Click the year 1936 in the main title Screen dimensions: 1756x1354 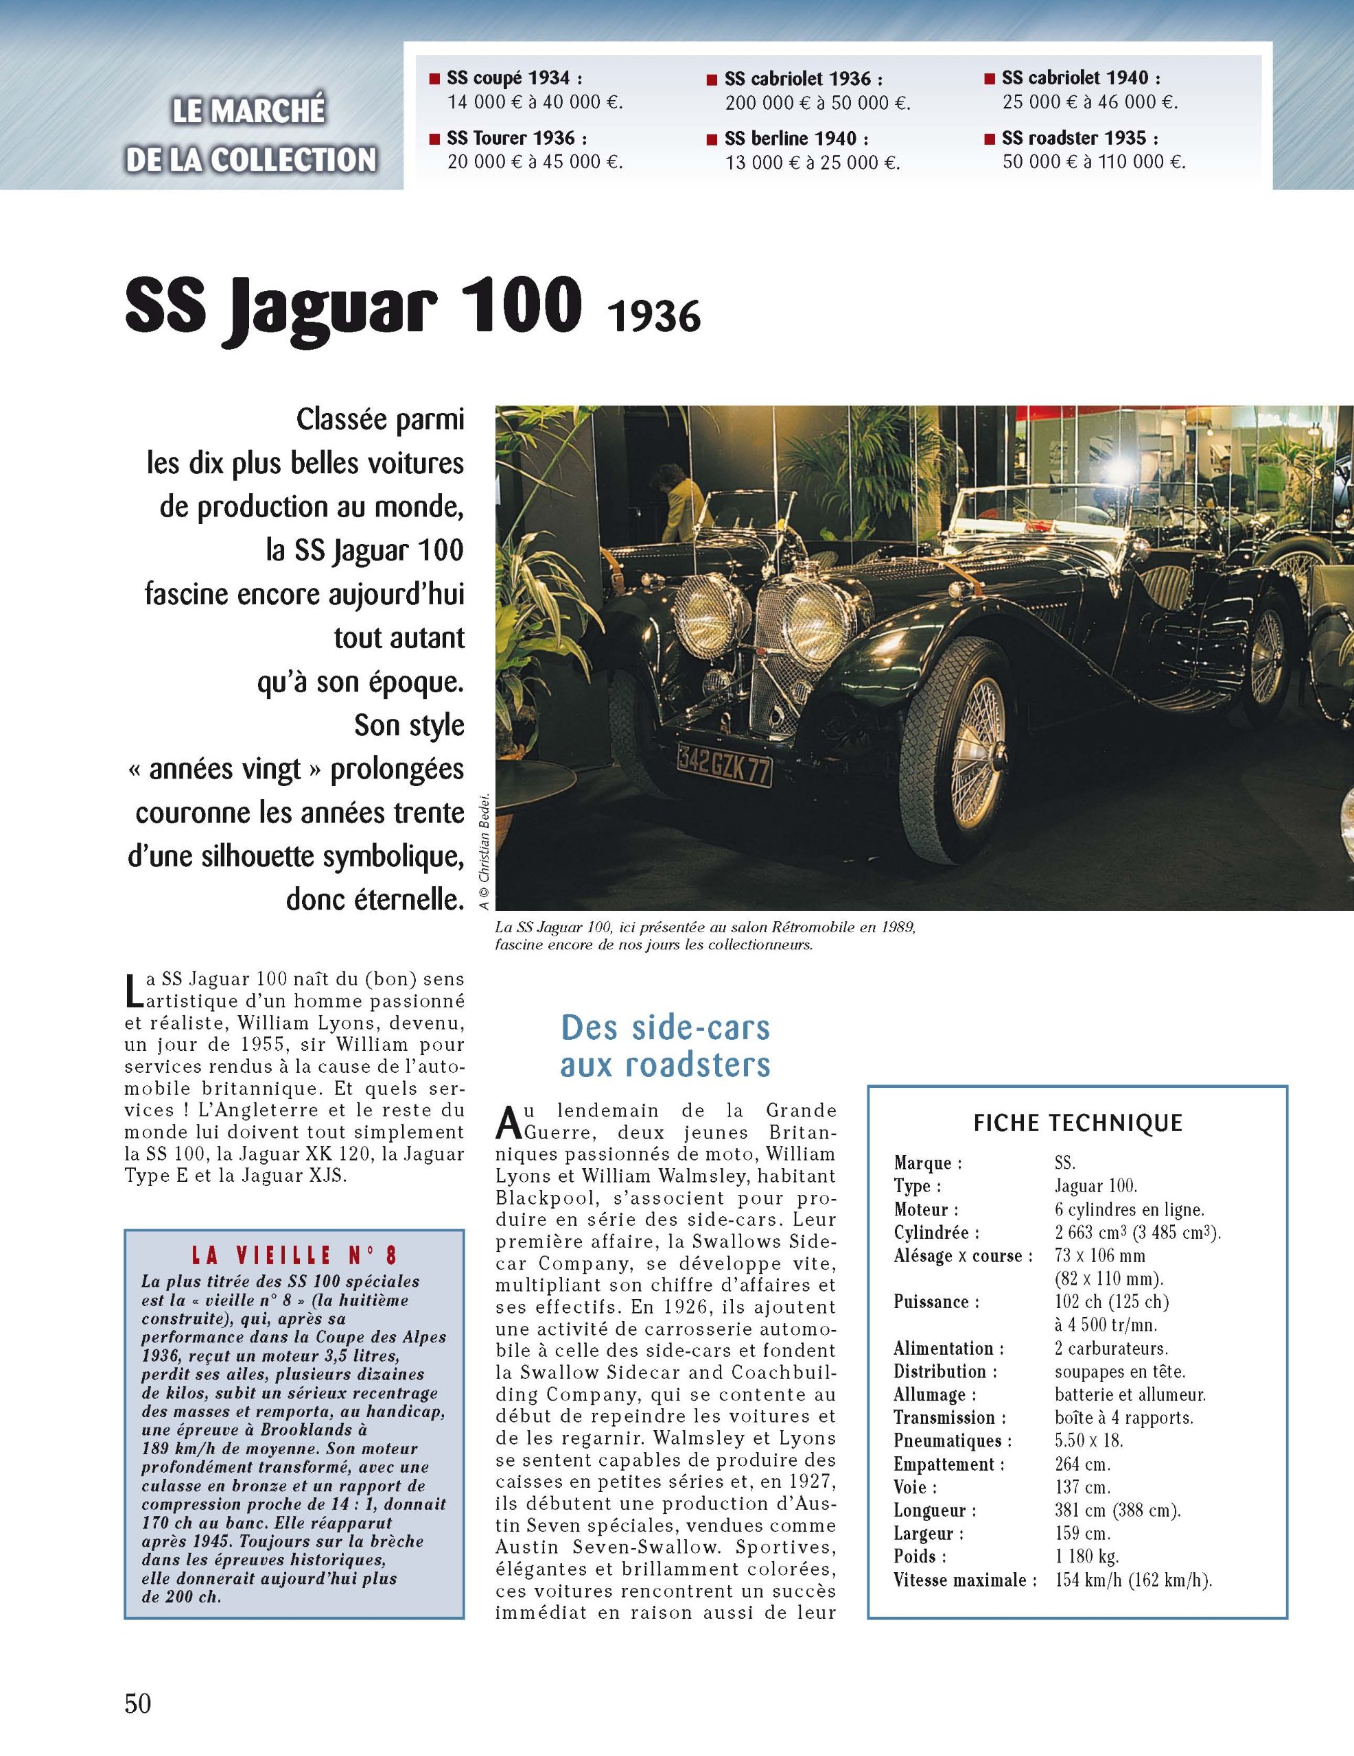[x=653, y=317]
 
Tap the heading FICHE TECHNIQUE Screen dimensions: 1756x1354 [x=1077, y=1124]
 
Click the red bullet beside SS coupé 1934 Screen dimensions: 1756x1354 [x=434, y=79]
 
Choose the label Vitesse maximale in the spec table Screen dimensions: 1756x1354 [x=960, y=1580]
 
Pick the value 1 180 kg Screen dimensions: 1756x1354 [x=1086, y=1556]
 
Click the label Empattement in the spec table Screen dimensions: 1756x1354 [x=948, y=1464]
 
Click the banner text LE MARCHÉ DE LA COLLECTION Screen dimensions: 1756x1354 [x=250, y=135]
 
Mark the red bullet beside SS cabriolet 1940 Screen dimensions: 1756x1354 [x=989, y=79]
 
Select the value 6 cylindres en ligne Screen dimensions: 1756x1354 [x=1129, y=1209]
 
